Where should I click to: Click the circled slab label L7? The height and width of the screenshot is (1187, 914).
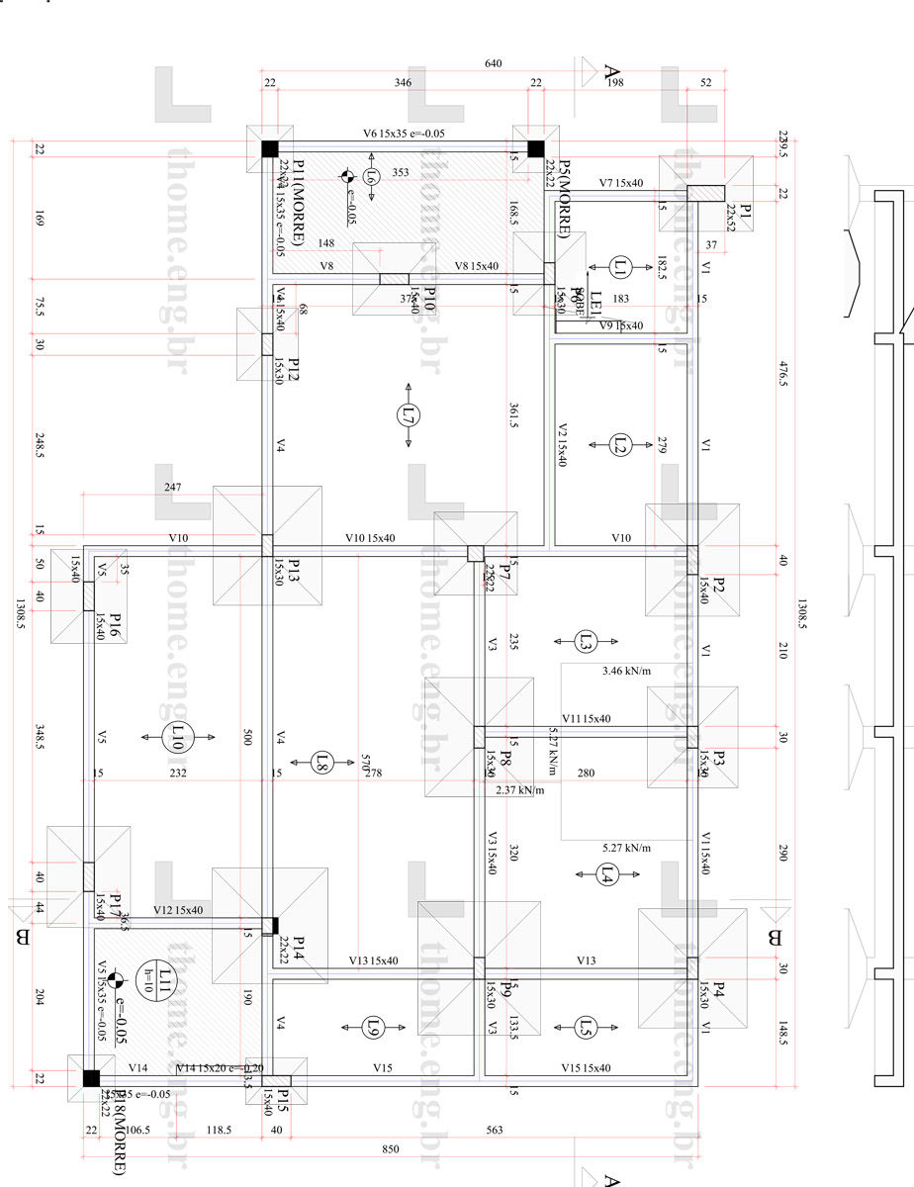(408, 416)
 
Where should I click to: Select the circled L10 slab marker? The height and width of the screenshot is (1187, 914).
(179, 736)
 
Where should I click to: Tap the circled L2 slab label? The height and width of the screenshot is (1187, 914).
(620, 446)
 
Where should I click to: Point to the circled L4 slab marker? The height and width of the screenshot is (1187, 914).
(608, 871)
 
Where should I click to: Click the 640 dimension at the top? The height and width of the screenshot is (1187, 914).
(493, 64)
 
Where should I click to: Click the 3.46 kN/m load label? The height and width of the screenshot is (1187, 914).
(626, 672)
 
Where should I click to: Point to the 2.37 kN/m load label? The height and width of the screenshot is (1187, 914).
(520, 790)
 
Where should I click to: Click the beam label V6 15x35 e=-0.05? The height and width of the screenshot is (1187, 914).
(404, 133)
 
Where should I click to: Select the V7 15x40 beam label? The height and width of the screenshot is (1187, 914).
(621, 183)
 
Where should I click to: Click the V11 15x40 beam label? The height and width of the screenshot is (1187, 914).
(587, 718)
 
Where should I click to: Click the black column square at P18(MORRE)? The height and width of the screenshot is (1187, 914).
(90, 1078)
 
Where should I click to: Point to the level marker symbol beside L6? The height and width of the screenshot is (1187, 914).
(346, 176)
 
